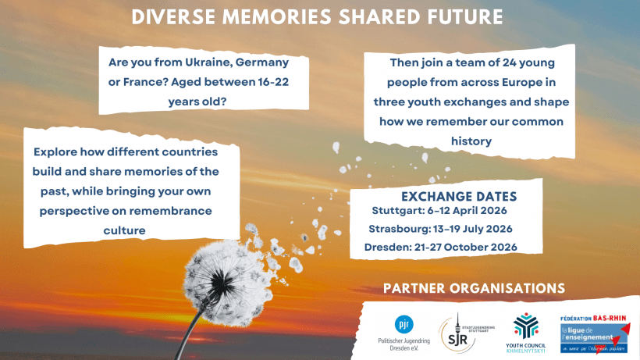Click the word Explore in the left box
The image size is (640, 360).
point(59,152)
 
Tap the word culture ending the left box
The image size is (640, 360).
point(126,230)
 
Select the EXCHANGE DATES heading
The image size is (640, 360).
point(458,196)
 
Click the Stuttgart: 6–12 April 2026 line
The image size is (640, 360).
point(440,211)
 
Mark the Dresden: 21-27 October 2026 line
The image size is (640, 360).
point(442,248)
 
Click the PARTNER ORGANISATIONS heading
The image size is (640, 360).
point(474,288)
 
